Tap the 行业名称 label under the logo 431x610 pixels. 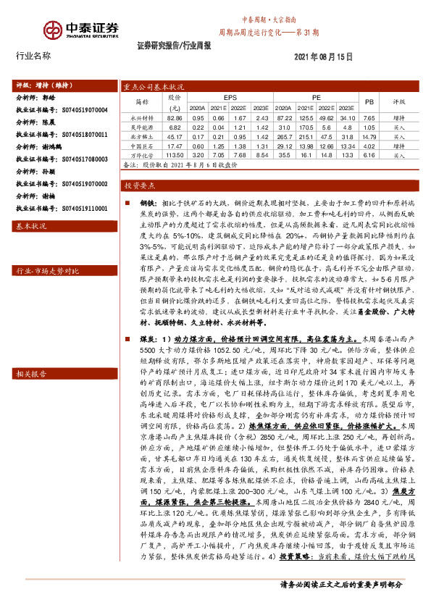(33, 56)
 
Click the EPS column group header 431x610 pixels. (230, 96)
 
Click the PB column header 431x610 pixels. (369, 102)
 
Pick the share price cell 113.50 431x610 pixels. (175, 155)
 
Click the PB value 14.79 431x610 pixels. (369, 136)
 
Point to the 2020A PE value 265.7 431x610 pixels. (284, 136)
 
